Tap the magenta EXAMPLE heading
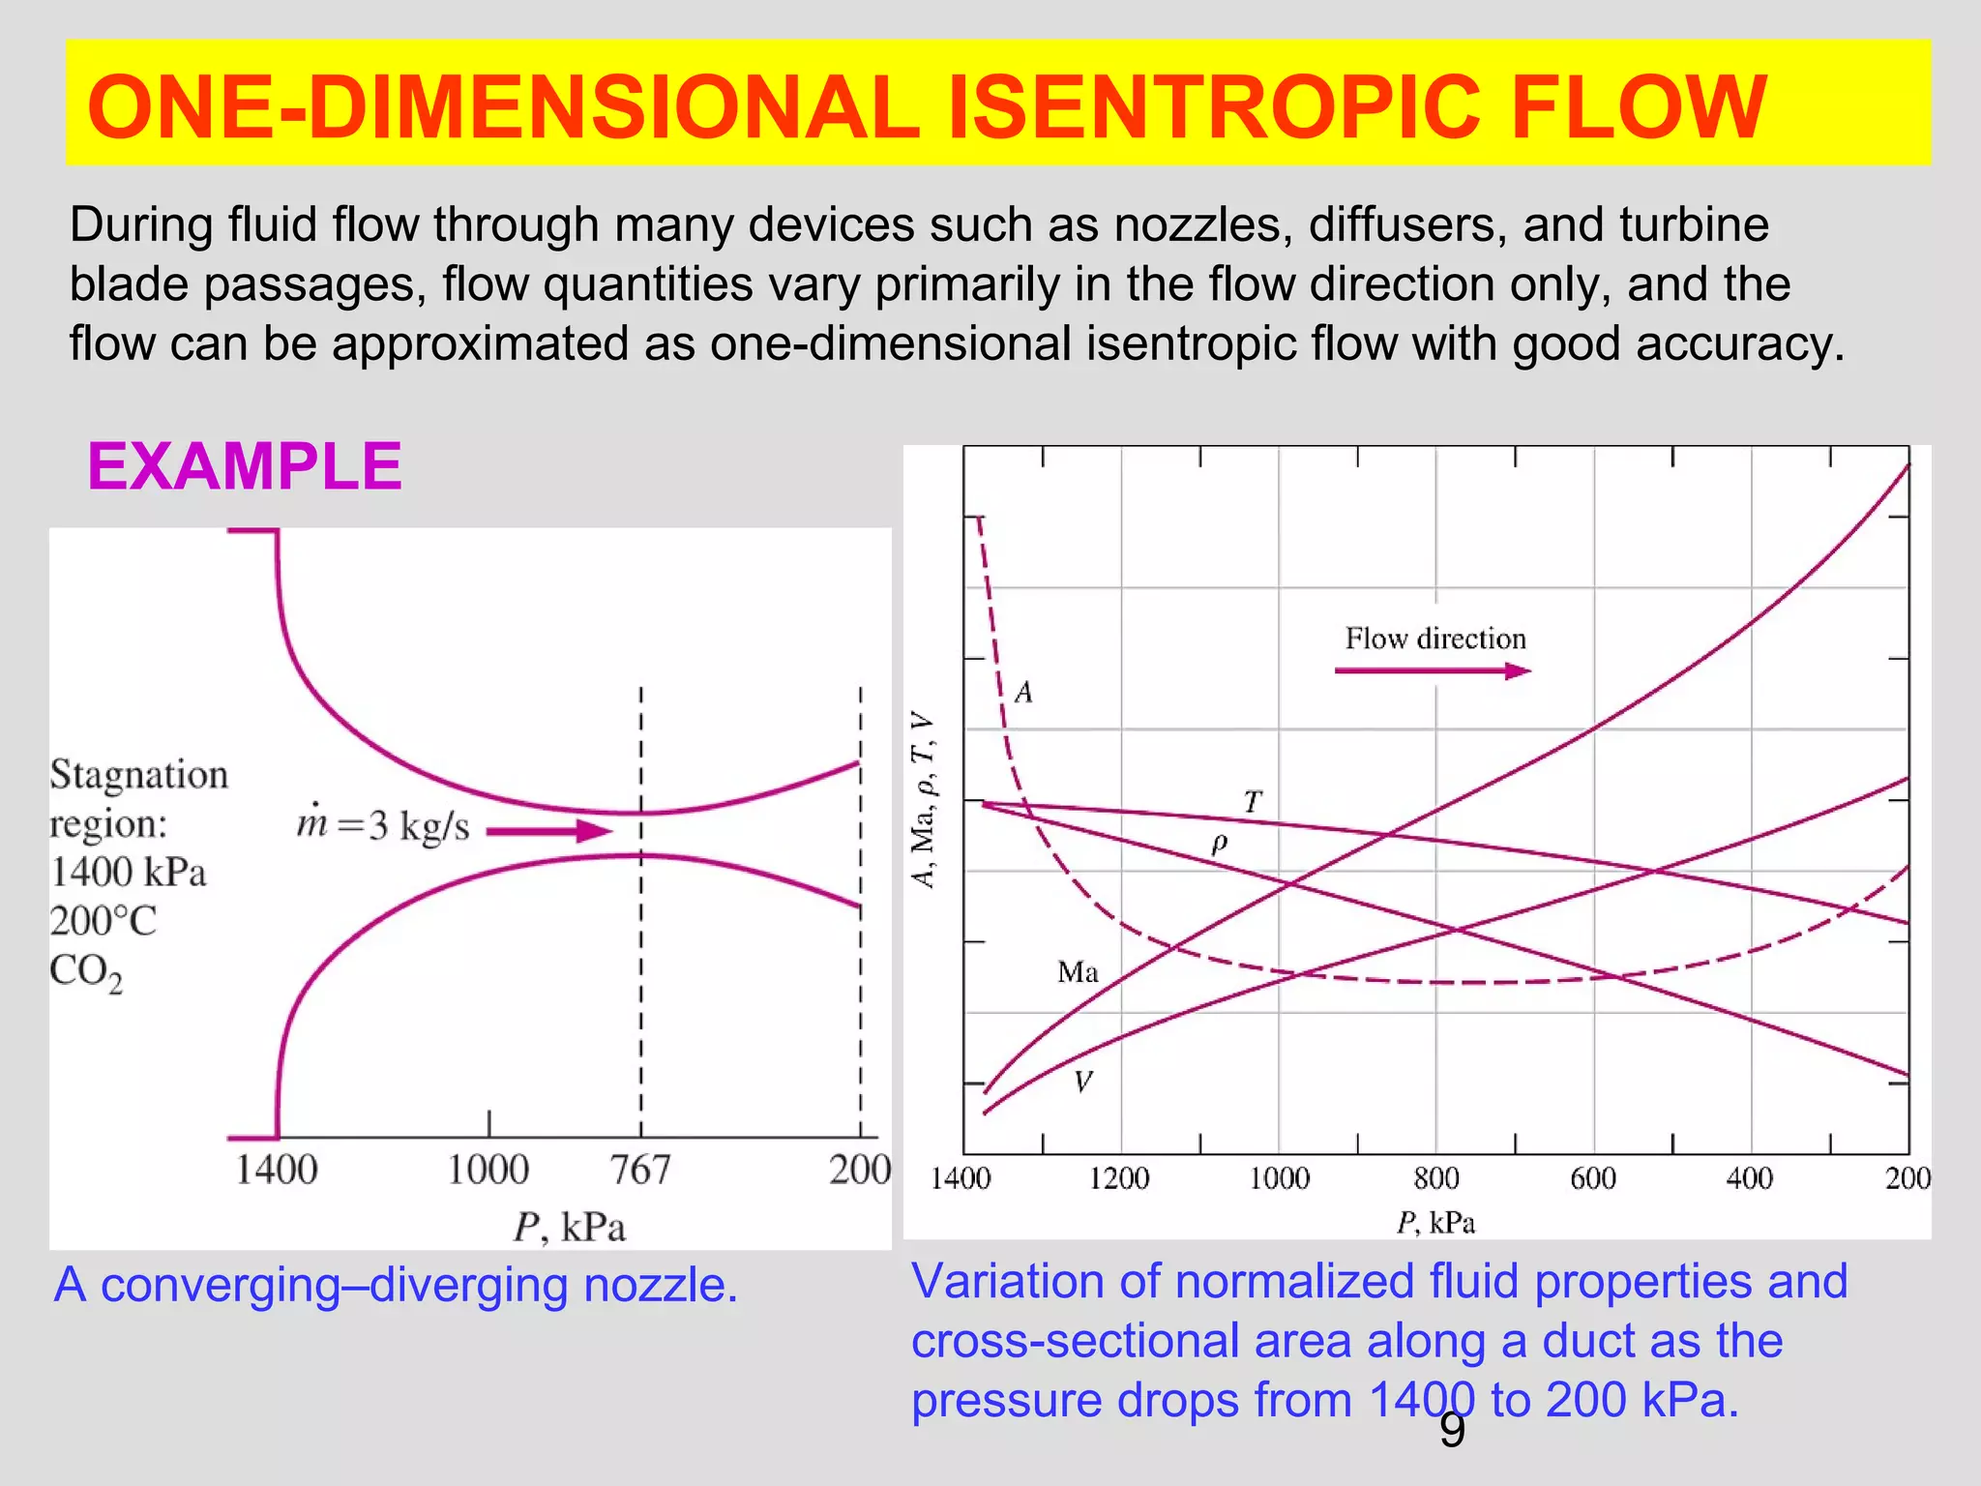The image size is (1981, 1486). click(x=244, y=466)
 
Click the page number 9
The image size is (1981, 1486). click(x=1452, y=1431)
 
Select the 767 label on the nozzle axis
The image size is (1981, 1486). click(x=639, y=1171)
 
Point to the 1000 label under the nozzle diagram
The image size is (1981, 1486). click(x=488, y=1171)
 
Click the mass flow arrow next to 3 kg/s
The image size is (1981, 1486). click(x=548, y=831)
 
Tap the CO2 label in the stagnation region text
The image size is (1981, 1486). click(x=86, y=971)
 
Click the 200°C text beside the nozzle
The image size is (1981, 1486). click(x=103, y=921)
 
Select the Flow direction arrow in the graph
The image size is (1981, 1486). click(x=1432, y=670)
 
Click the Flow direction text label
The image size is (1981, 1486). click(x=1435, y=639)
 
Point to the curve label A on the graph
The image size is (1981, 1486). click(x=1023, y=693)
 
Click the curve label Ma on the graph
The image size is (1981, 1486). click(x=1078, y=971)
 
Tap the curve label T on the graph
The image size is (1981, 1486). click(x=1253, y=802)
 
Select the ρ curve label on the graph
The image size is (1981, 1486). click(x=1219, y=843)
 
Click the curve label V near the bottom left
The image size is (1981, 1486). click(x=1083, y=1082)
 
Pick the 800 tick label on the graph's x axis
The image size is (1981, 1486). click(x=1435, y=1178)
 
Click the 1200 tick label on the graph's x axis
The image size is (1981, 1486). click(x=1119, y=1178)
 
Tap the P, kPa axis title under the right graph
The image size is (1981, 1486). click(x=1435, y=1223)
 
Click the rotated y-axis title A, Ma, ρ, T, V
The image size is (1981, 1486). click(x=924, y=800)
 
